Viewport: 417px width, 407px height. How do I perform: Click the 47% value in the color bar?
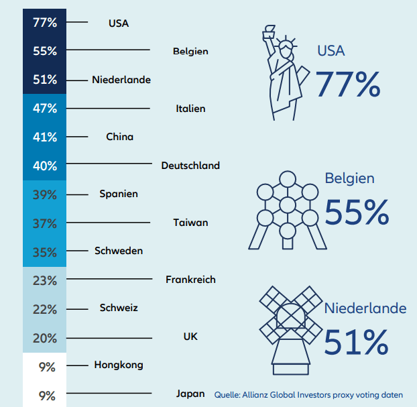[45, 108]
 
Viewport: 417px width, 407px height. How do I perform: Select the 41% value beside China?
[45, 137]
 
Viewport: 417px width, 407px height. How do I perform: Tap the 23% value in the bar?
[45, 281]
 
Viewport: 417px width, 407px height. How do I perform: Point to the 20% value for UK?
[45, 338]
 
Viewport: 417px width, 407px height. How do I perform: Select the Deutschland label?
[190, 165]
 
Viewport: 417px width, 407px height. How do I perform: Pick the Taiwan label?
[190, 223]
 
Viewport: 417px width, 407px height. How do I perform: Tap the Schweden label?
[119, 251]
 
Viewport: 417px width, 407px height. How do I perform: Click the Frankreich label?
[190, 280]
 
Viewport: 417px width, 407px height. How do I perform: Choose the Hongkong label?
[119, 365]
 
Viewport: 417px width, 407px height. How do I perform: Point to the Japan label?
[190, 394]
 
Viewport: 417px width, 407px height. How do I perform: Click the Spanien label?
[119, 194]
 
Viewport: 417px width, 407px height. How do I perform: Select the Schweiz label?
[119, 308]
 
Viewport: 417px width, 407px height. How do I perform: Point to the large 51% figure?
[356, 341]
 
